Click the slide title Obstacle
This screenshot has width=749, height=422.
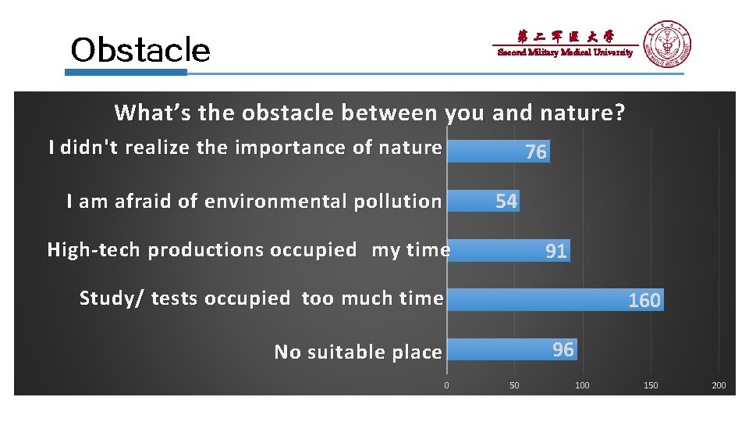click(x=140, y=50)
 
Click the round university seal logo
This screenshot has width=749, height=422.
click(x=667, y=45)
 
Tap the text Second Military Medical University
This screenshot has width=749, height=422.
click(x=566, y=53)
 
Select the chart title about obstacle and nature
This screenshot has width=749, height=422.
click(x=370, y=113)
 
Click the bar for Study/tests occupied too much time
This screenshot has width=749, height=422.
click(x=555, y=299)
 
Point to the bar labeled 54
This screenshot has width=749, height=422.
click(x=482, y=201)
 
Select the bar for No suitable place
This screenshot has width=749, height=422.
click(x=511, y=349)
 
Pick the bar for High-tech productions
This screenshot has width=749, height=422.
click(x=508, y=250)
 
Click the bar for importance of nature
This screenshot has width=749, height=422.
click(x=498, y=151)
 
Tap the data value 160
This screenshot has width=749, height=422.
click(x=644, y=300)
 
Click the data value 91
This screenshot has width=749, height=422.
click(x=556, y=251)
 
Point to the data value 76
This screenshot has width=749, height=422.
click(x=536, y=152)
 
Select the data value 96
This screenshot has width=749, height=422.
click(x=563, y=349)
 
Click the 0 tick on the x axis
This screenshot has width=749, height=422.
click(x=446, y=385)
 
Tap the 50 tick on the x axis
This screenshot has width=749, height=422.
click(x=514, y=385)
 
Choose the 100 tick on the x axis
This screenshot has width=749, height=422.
click(x=582, y=385)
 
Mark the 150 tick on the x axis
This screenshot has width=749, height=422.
click(x=651, y=385)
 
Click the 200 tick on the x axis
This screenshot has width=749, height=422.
click(x=719, y=385)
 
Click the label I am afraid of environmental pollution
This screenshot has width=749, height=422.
click(x=254, y=201)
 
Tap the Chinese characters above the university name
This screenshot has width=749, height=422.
click(x=566, y=36)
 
